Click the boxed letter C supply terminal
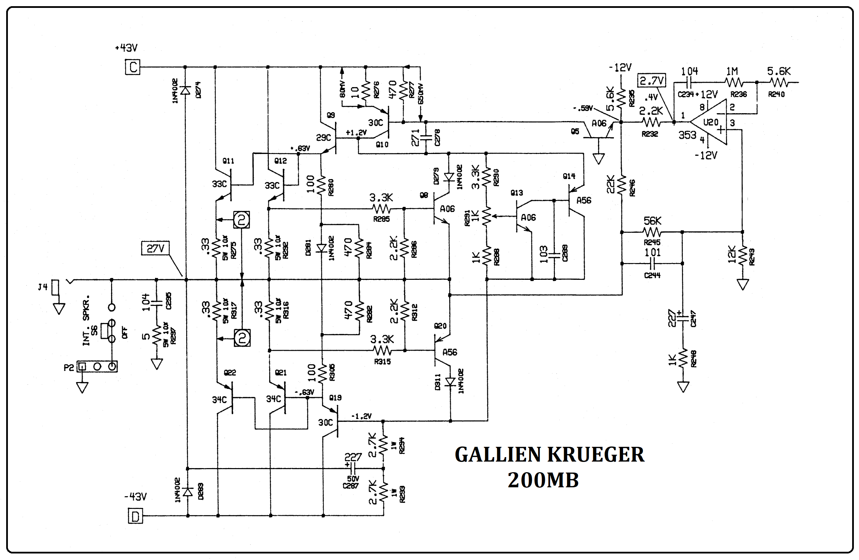(132, 67)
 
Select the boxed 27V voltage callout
(155, 249)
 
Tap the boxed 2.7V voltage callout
(652, 81)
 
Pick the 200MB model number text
(543, 480)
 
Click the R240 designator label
(776, 95)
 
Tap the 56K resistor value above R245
(652, 221)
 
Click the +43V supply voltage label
(126, 48)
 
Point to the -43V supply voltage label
(135, 497)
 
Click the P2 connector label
(69, 367)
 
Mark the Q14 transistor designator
(569, 176)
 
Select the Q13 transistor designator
(516, 193)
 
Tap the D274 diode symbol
(185, 90)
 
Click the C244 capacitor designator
(652, 275)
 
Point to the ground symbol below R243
(742, 285)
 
